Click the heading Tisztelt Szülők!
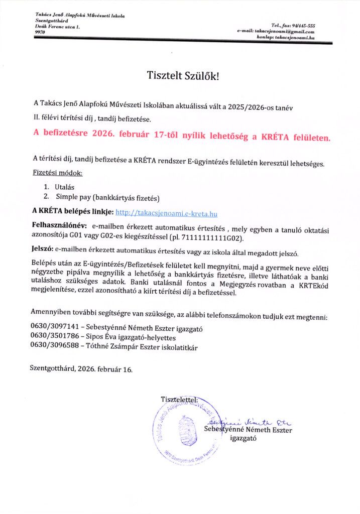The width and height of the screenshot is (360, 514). point(183,76)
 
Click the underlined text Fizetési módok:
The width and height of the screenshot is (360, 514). point(57,174)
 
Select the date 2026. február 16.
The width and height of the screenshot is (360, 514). point(106,369)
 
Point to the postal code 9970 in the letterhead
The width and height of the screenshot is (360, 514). point(40,32)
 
